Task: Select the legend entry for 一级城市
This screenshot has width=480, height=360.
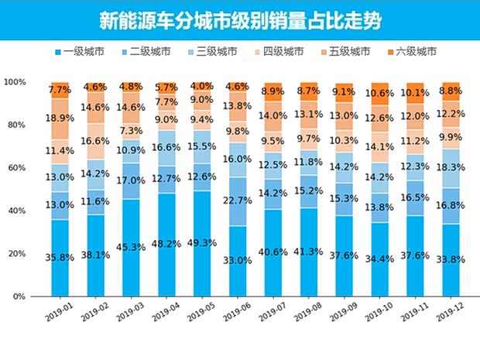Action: (x=86, y=52)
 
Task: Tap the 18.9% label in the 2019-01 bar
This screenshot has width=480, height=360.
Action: (x=60, y=118)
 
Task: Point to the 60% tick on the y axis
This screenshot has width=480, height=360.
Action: (x=15, y=167)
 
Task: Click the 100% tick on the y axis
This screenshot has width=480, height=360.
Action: (x=15, y=82)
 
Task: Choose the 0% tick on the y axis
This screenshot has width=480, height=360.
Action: (x=19, y=297)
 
